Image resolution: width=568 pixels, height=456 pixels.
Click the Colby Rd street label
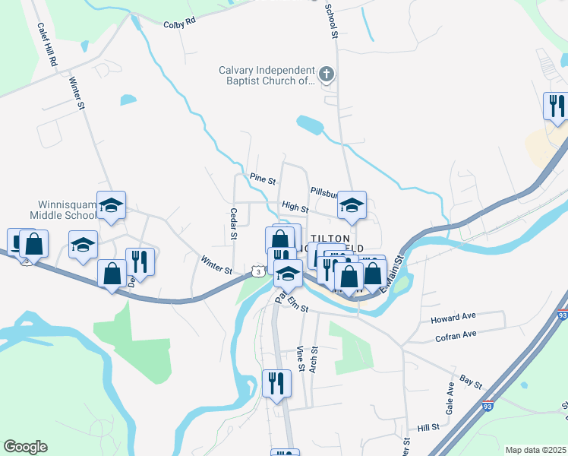(179, 23)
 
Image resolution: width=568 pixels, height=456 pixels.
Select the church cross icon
(327, 74)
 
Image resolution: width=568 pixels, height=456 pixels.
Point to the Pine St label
(263, 179)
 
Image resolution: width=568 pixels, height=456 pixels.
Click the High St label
(294, 207)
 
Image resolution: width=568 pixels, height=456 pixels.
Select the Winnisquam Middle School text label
(65, 210)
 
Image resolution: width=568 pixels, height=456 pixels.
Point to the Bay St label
(471, 381)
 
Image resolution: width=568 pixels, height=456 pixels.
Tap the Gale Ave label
(450, 398)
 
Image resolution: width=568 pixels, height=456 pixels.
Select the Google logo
(25, 447)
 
